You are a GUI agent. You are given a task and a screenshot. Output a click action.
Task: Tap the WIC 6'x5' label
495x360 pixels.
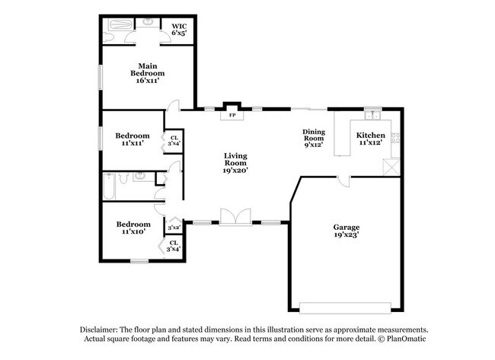pyautogui.click(x=179, y=30)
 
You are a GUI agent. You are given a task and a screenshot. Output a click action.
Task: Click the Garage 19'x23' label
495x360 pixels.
pyautogui.click(x=346, y=231)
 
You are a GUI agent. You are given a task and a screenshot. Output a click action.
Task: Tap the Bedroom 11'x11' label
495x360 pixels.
pyautogui.click(x=133, y=140)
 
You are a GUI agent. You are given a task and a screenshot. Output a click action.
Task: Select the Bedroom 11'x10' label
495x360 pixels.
pyautogui.click(x=133, y=228)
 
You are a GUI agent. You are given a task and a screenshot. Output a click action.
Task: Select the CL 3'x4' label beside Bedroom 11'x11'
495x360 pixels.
pyautogui.click(x=174, y=140)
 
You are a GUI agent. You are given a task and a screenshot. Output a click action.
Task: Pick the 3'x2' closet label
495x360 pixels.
pyautogui.click(x=174, y=227)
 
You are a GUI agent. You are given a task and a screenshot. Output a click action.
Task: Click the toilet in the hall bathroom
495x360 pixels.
pyautogui.click(x=141, y=177)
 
